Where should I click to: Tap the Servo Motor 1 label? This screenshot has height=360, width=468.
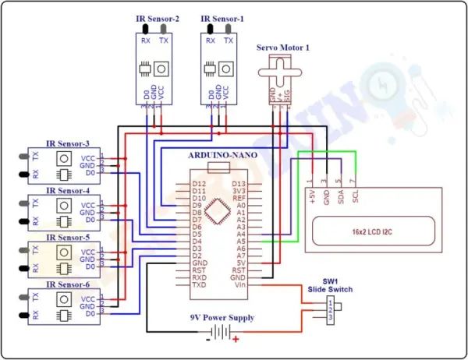pyautogui.click(x=283, y=48)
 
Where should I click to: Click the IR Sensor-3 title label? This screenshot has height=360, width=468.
pyautogui.click(x=68, y=143)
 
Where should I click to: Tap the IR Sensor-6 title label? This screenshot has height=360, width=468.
pyautogui.click(x=68, y=284)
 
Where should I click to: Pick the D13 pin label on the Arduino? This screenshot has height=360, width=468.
pyautogui.click(x=239, y=184)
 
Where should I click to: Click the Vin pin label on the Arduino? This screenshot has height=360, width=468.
pyautogui.click(x=240, y=285)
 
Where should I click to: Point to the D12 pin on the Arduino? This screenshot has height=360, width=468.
pyautogui.click(x=199, y=184)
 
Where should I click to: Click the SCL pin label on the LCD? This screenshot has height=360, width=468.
pyautogui.click(x=356, y=197)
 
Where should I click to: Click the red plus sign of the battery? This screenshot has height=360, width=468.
pyautogui.click(x=236, y=339)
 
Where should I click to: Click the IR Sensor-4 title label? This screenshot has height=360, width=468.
pyautogui.click(x=68, y=190)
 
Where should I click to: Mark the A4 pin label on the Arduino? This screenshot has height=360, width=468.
pyautogui.click(x=240, y=232)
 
